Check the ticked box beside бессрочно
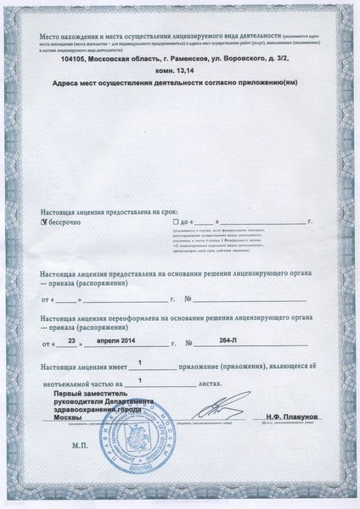click(46, 220)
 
